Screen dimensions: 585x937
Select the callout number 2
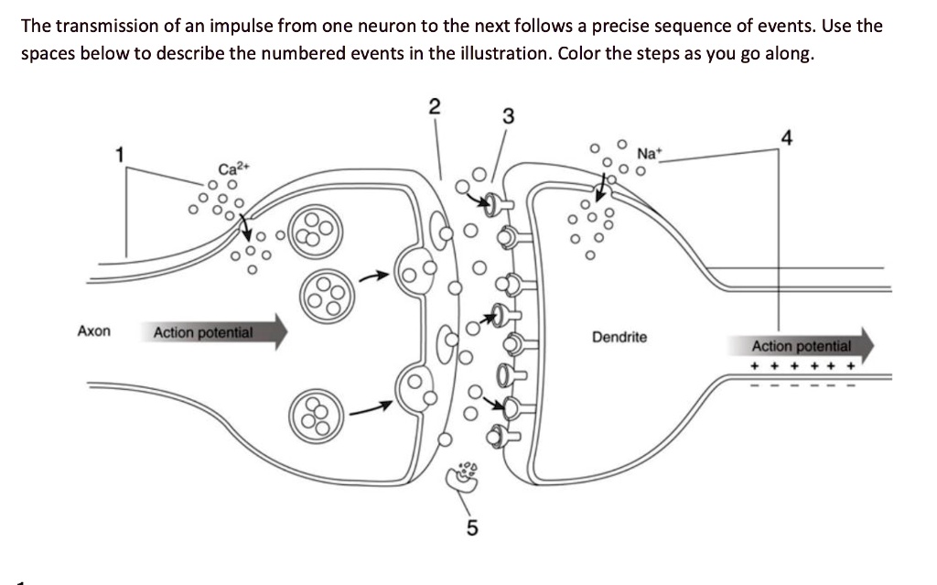pyautogui.click(x=435, y=105)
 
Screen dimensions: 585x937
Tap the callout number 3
pyautogui.click(x=508, y=116)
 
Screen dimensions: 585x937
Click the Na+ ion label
pyautogui.click(x=649, y=153)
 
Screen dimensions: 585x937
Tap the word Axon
pyautogui.click(x=94, y=330)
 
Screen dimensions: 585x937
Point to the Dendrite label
pyautogui.click(x=619, y=337)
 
